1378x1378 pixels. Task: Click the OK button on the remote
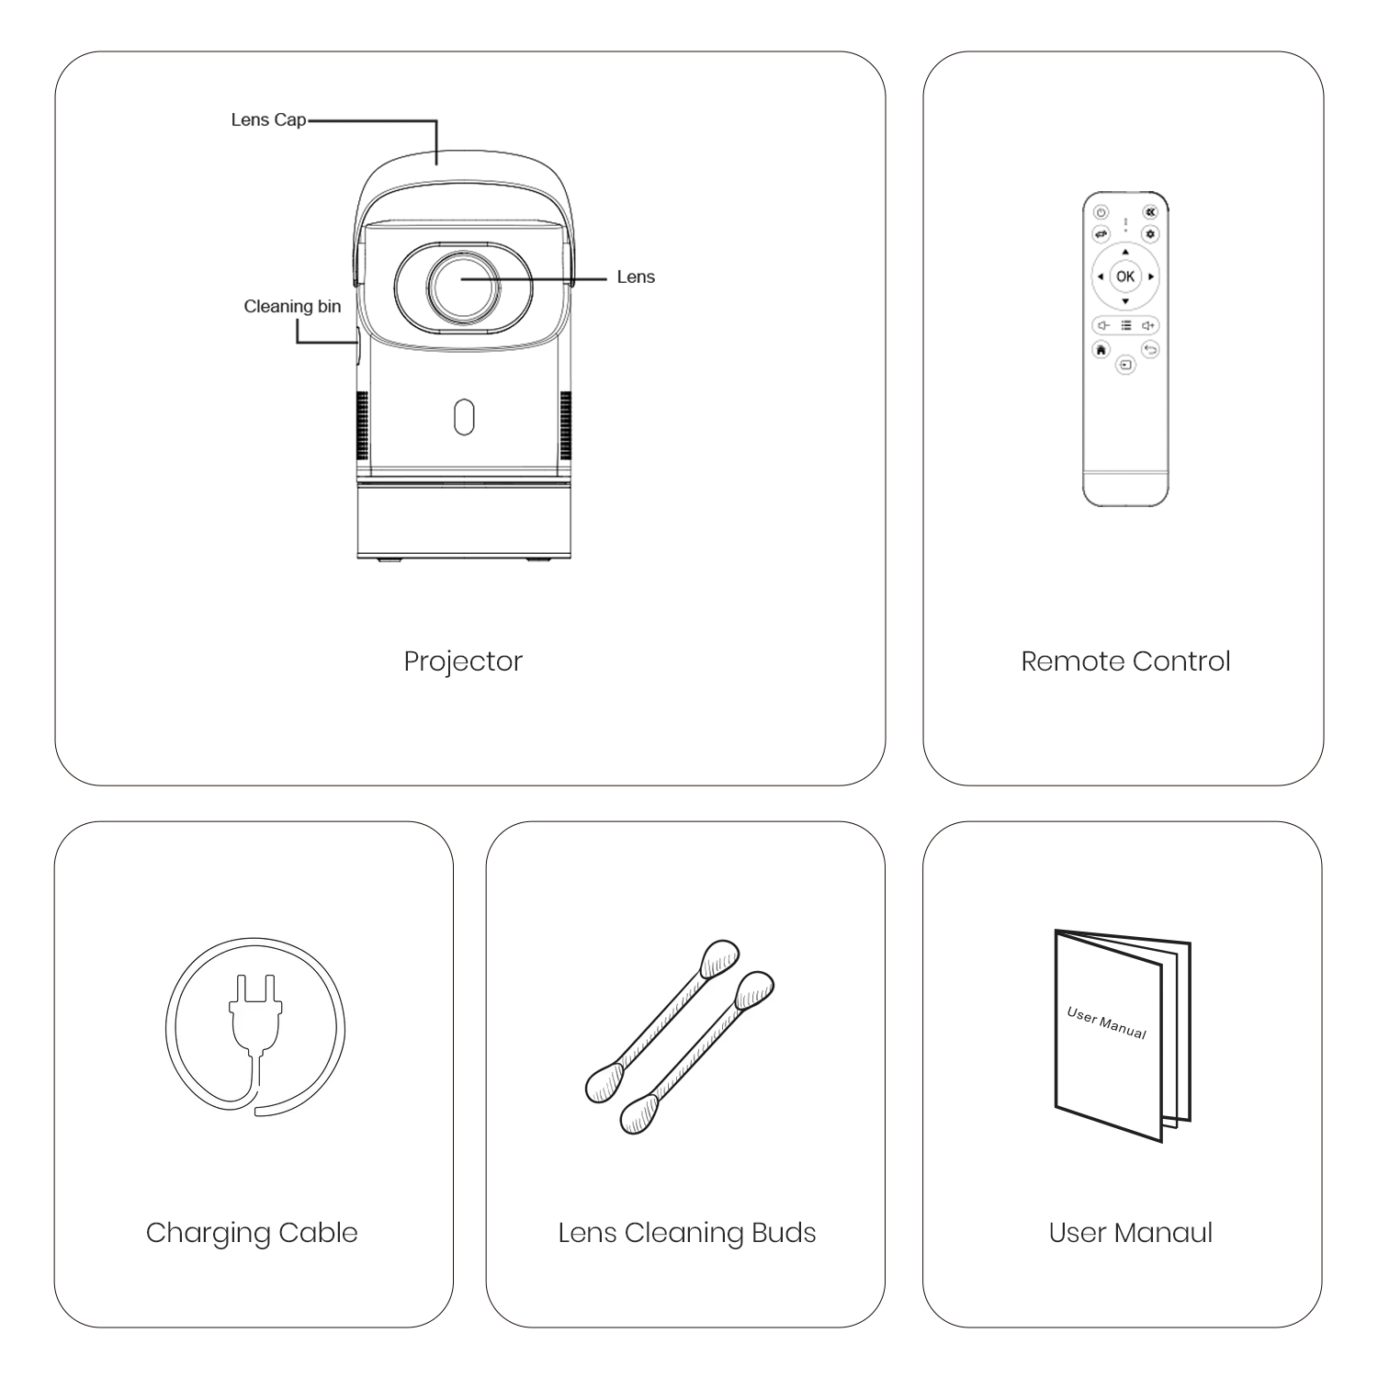tap(1124, 277)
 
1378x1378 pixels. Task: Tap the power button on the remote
tap(1101, 212)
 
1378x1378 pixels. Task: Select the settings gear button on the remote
tap(1149, 234)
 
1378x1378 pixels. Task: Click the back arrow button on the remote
tap(1149, 349)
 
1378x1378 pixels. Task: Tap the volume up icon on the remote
tap(1148, 325)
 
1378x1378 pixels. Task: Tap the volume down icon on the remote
tap(1102, 325)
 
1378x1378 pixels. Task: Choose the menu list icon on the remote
tap(1125, 325)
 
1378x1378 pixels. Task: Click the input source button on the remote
tap(1125, 366)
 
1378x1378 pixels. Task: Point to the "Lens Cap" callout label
tap(268, 120)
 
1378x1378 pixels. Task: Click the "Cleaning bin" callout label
tap(292, 307)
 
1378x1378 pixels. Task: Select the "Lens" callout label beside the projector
tap(636, 277)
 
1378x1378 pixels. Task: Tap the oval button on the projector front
tap(464, 416)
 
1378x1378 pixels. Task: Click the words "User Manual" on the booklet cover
tap(1106, 1022)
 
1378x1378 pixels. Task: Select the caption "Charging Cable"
tap(252, 1233)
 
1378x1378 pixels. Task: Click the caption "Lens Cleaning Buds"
tap(686, 1233)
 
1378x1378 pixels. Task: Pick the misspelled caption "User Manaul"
tap(1130, 1233)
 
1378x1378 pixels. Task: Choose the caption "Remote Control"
tap(1125, 661)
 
